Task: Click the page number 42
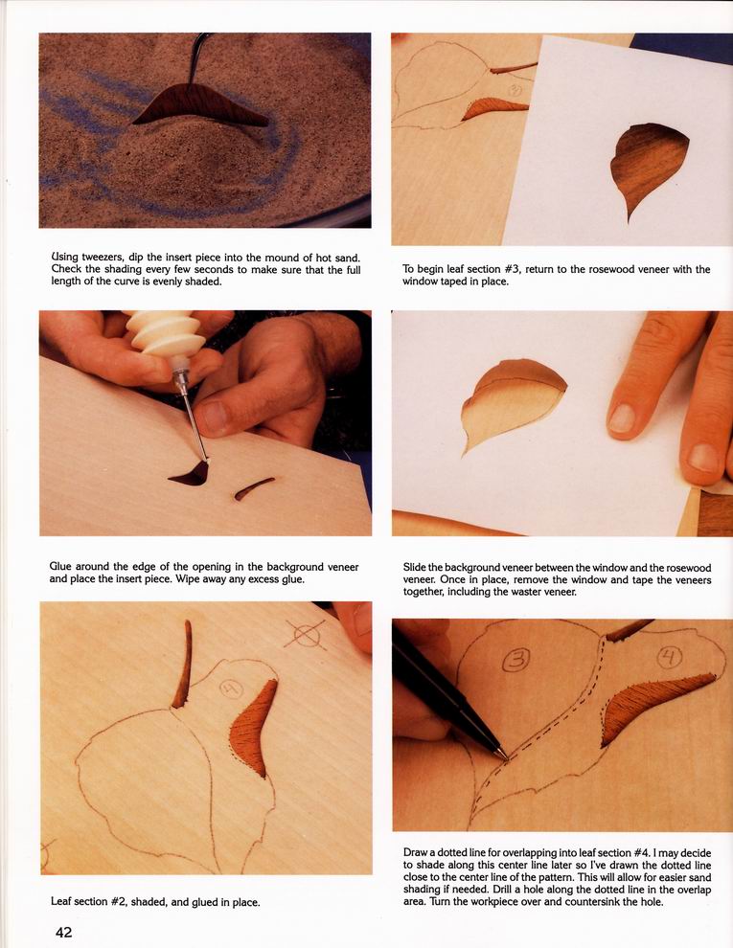click(x=63, y=933)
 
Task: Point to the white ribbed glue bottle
click(x=168, y=334)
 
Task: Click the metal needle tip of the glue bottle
click(x=194, y=418)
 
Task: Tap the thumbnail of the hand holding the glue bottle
click(x=214, y=418)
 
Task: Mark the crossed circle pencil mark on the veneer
click(x=306, y=635)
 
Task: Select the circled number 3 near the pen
click(x=515, y=659)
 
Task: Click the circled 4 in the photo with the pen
click(x=670, y=657)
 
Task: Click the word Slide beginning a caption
click(x=415, y=568)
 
